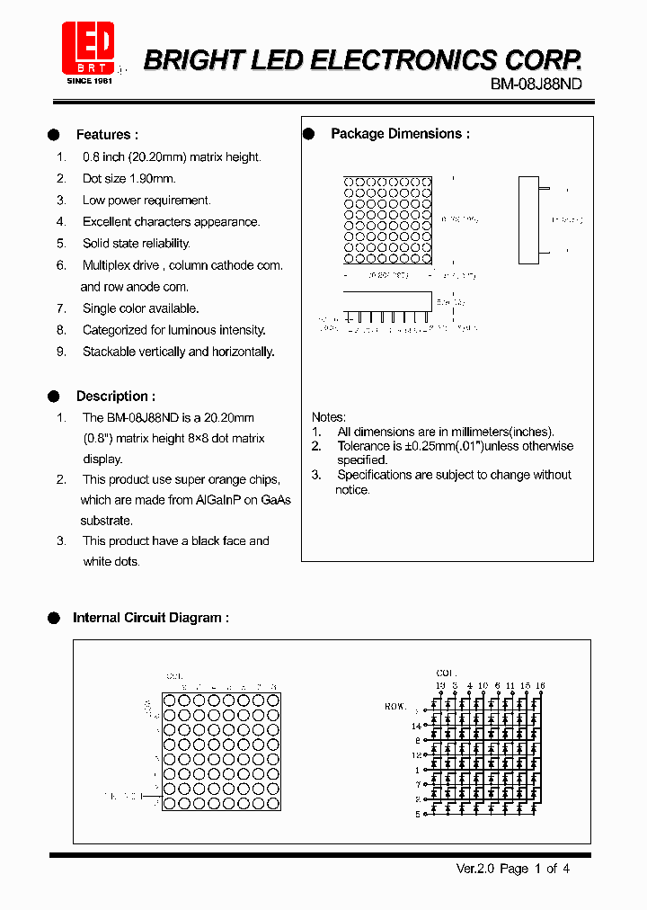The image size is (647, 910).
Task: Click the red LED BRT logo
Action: click(87, 47)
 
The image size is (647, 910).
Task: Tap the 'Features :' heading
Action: click(107, 135)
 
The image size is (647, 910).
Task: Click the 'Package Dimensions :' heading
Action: click(400, 134)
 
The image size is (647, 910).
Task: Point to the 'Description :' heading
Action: click(115, 397)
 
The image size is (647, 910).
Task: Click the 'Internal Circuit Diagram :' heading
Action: click(150, 618)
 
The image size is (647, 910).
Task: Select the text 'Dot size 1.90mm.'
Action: click(129, 179)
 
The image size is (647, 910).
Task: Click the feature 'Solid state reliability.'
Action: click(136, 244)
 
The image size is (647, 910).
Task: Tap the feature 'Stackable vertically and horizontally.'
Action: click(178, 352)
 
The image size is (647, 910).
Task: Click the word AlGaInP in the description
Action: click(226, 500)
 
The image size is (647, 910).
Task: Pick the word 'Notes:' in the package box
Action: click(328, 417)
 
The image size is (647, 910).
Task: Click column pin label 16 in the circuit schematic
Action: click(540, 685)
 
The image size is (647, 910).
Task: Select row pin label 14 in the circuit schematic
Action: click(416, 726)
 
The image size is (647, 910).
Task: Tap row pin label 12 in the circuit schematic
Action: click(416, 755)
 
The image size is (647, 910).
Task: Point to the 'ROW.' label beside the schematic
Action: click(395, 707)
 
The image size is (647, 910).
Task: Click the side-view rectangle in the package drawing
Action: click(528, 220)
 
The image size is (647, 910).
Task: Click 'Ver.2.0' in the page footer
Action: click(475, 869)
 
